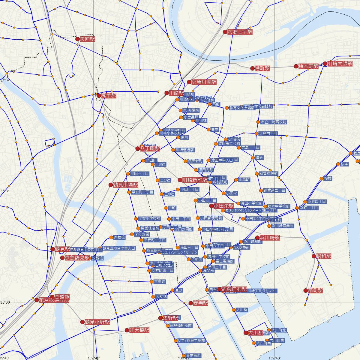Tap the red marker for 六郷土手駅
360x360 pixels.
[x=225, y=32]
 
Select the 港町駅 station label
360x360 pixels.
[x=262, y=68]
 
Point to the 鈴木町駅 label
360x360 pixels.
[x=308, y=66]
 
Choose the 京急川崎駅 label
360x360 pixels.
[x=204, y=82]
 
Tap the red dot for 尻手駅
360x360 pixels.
[x=99, y=96]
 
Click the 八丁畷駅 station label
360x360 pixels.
[x=150, y=148]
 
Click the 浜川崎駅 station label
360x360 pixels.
[x=269, y=238]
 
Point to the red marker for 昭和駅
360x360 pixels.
[x=314, y=256]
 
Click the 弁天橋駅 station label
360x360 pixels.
[x=139, y=330]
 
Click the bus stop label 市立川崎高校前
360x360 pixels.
[x=273, y=122]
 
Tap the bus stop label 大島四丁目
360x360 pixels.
[x=268, y=133]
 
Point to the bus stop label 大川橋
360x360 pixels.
[x=241, y=310]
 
